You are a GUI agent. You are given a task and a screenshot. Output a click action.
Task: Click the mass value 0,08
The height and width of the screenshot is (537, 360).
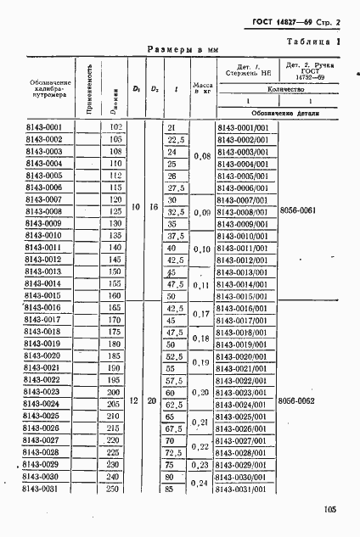point(201,156)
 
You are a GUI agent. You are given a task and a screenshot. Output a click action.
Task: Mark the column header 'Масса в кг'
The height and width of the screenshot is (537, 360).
point(201,89)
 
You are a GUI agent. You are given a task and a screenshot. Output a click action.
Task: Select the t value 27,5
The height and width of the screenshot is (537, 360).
point(176,187)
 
